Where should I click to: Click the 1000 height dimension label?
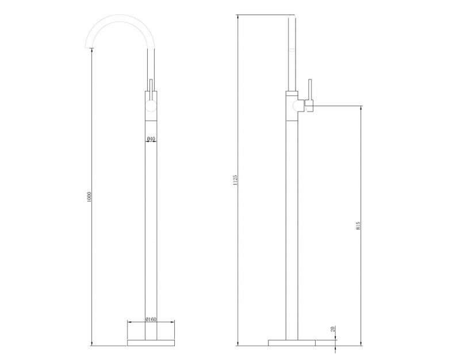tap(90, 197)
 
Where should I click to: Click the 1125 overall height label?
tap(235, 180)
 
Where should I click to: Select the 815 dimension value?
tap(358, 225)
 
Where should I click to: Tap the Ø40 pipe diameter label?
tap(151, 138)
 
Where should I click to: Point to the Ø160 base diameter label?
tap(151, 319)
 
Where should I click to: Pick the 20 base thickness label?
tap(333, 328)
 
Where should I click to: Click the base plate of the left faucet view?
tap(151, 343)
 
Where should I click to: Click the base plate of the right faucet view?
tap(292, 343)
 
